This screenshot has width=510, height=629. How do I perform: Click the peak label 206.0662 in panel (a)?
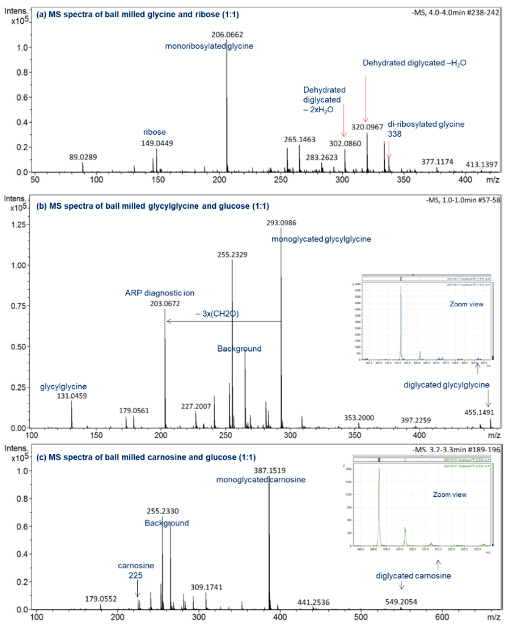227,35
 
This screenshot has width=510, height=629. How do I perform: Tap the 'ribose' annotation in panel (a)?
154,132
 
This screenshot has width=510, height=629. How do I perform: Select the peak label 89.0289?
83,157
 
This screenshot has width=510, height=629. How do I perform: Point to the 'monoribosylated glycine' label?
209,46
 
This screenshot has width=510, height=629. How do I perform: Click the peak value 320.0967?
367,127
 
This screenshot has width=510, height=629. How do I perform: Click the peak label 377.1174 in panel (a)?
437,162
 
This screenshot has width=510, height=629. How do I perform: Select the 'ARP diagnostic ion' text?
159,293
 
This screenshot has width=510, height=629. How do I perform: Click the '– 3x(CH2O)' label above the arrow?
217,314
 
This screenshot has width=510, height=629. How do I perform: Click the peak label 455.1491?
479,412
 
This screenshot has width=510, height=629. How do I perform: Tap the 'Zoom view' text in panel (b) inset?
466,304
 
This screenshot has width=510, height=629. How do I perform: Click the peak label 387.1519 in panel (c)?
269,471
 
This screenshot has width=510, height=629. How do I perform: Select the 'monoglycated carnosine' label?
260,480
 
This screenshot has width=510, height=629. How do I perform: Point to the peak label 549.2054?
401,602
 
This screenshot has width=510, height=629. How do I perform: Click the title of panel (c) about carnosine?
146,457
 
